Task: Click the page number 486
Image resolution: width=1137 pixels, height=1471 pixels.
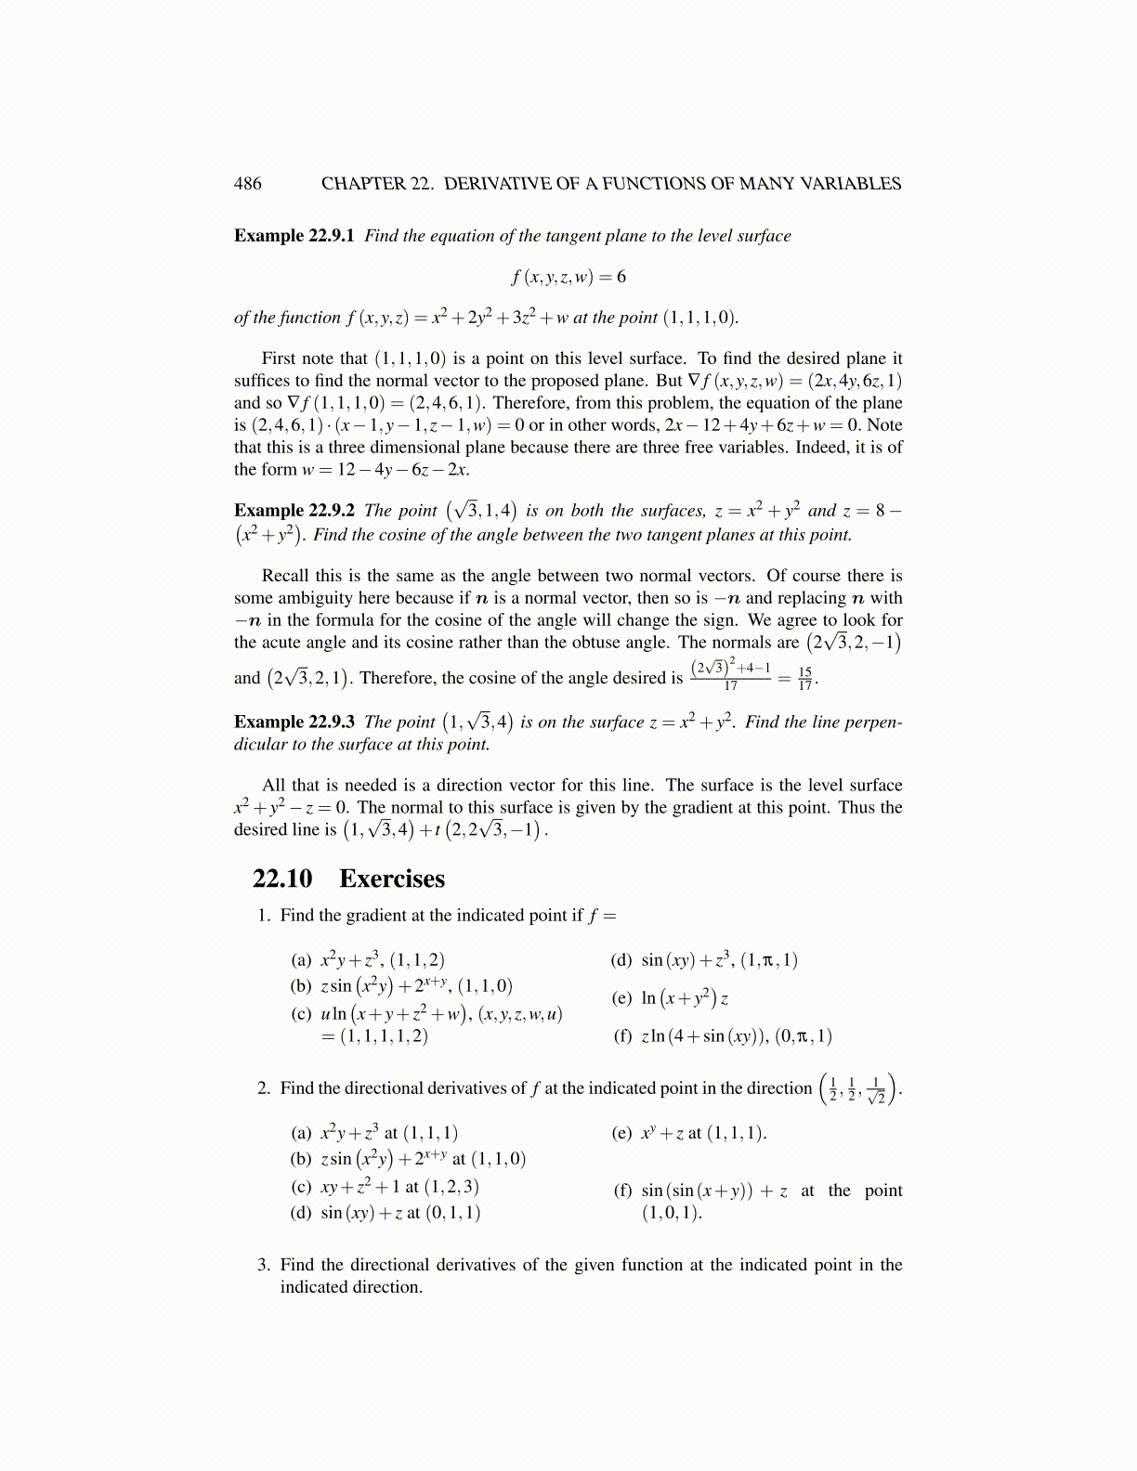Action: pyautogui.click(x=247, y=184)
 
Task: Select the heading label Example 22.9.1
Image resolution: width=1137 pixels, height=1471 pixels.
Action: pyautogui.click(x=294, y=236)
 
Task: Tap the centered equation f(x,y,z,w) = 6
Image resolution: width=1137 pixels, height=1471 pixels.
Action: pyautogui.click(x=568, y=277)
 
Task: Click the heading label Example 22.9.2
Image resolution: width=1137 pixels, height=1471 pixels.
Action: pyautogui.click(x=294, y=511)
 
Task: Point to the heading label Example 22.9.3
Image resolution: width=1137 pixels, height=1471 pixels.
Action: pyautogui.click(x=294, y=722)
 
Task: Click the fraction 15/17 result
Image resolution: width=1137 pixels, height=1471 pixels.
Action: pyautogui.click(x=804, y=678)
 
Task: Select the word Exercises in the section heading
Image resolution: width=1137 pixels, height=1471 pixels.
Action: pyautogui.click(x=392, y=879)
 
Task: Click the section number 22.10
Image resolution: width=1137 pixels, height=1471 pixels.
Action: pyautogui.click(x=282, y=879)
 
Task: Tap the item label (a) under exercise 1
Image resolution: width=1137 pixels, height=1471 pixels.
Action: pyautogui.click(x=301, y=960)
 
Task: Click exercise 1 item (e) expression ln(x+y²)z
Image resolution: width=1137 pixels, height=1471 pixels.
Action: pyautogui.click(x=685, y=998)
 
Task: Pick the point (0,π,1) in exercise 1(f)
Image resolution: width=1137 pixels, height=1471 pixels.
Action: pyautogui.click(x=804, y=1036)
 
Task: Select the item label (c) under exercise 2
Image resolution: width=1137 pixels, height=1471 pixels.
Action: pyautogui.click(x=301, y=1187)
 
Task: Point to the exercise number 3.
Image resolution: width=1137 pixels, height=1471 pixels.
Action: pyautogui.click(x=264, y=1265)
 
